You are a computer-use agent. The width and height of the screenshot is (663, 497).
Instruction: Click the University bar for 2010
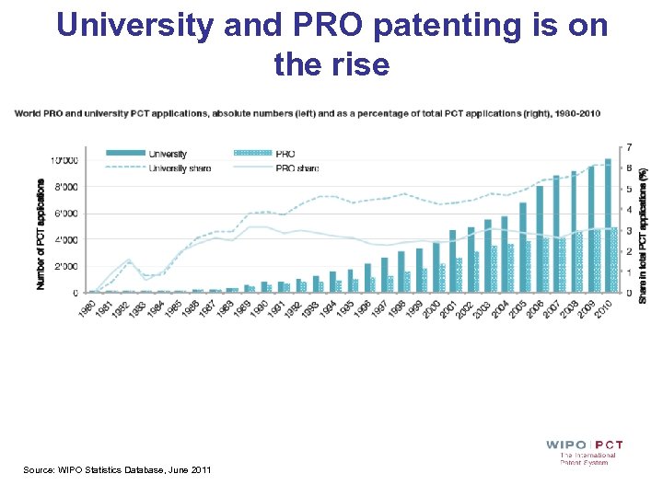point(608,226)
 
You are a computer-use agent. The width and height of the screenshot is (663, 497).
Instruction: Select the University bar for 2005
point(523,248)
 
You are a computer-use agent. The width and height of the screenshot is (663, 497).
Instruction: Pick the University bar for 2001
point(453,261)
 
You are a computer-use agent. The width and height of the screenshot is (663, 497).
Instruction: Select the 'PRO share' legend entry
point(296,168)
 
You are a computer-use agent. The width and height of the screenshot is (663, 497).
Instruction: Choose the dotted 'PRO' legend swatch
point(253,154)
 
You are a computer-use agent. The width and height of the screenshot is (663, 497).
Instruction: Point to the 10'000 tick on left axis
point(65,160)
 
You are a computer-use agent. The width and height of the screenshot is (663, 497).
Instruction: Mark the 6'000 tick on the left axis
point(65,214)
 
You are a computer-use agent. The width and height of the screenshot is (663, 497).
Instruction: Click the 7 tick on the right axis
point(629,148)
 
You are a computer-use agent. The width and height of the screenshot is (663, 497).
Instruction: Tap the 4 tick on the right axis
point(629,211)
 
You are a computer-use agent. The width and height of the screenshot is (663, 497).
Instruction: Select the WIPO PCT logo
point(584,451)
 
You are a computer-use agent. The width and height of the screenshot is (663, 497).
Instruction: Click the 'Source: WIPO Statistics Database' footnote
point(117,470)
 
